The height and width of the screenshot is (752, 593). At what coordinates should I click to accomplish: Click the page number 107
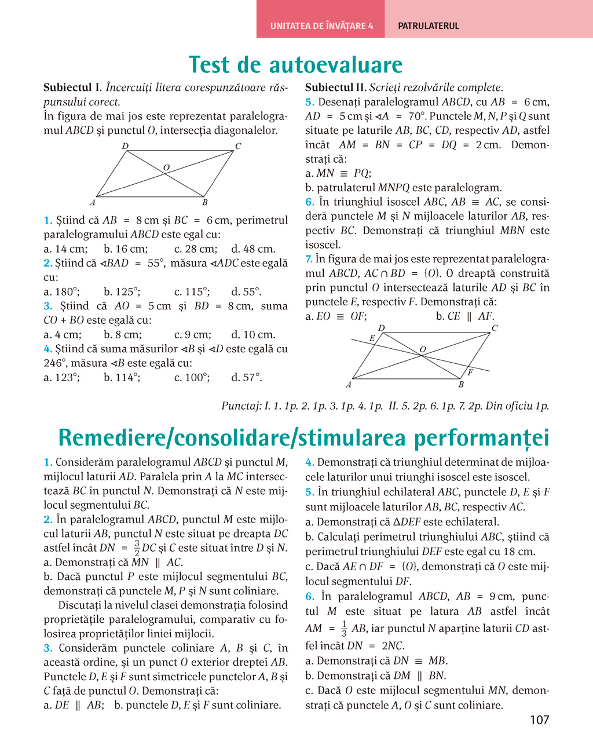click(539, 720)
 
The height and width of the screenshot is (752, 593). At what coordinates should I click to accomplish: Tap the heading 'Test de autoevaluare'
click(295, 64)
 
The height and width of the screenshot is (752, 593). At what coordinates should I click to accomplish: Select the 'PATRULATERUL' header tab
click(429, 26)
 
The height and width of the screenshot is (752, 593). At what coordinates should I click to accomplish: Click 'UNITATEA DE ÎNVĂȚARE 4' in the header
click(321, 26)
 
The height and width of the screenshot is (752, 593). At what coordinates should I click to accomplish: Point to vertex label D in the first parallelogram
click(125, 146)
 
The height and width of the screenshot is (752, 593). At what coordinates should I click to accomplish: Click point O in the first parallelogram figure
click(166, 168)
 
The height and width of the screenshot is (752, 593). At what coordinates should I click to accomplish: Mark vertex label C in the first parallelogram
click(237, 146)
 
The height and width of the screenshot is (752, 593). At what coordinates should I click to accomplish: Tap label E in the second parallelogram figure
click(372, 338)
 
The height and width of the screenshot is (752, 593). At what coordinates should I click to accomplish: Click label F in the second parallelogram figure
click(470, 372)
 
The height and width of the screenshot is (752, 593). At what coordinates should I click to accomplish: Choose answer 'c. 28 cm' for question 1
click(196, 249)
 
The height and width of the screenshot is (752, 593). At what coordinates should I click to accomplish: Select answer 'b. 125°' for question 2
click(122, 292)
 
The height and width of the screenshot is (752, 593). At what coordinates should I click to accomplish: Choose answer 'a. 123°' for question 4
click(62, 378)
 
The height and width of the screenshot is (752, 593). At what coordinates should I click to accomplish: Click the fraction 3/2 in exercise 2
click(137, 548)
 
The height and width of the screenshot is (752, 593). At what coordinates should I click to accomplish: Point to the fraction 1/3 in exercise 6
click(343, 629)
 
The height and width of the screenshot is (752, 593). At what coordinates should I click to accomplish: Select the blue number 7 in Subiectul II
click(309, 259)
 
